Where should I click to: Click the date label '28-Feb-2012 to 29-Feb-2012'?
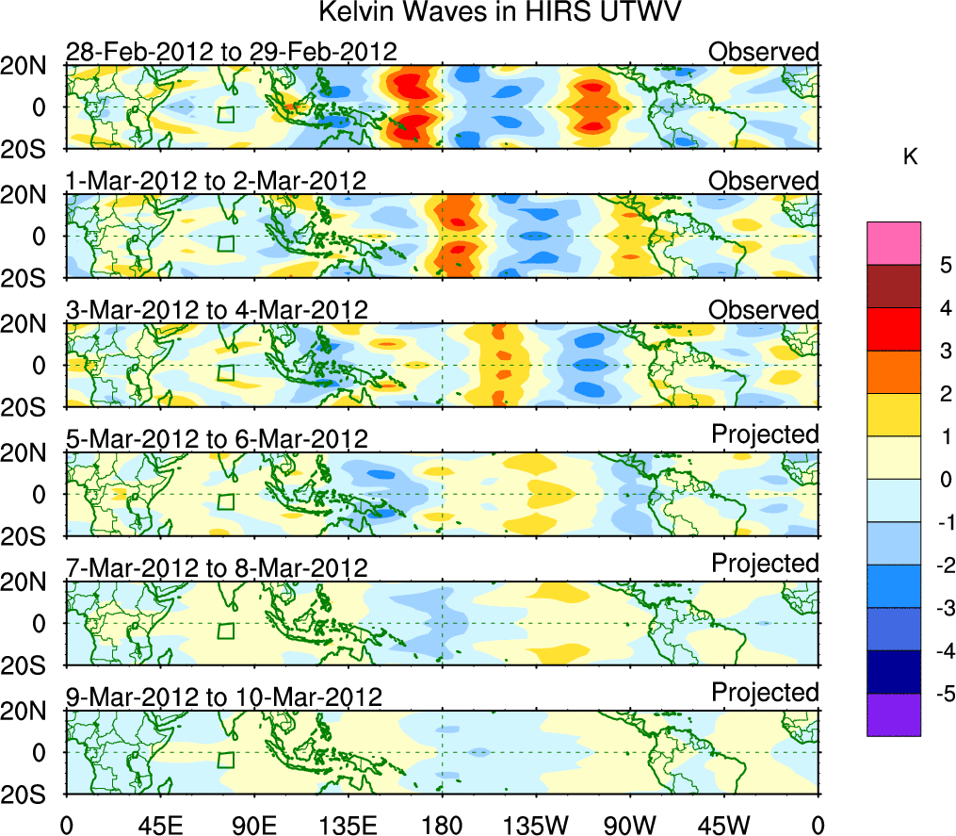point(231,51)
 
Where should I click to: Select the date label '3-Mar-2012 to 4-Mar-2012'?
point(216,309)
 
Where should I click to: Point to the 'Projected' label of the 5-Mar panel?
point(765,434)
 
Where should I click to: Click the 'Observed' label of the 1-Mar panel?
point(763,180)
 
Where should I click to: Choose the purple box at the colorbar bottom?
point(893,714)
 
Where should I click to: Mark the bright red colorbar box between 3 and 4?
point(893,329)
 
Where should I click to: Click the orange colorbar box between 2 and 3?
point(893,372)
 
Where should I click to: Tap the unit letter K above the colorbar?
point(910,157)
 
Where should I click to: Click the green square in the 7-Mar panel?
point(225,631)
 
